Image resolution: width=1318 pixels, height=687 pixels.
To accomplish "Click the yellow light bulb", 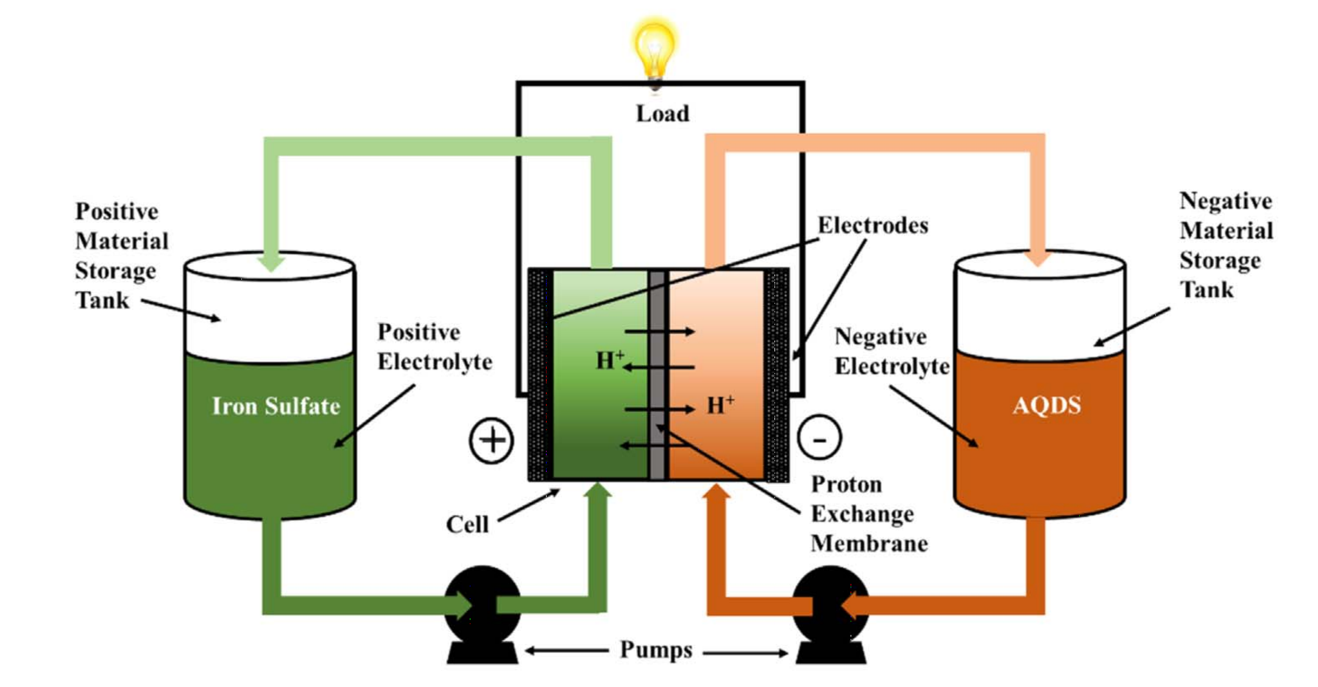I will coord(654,49).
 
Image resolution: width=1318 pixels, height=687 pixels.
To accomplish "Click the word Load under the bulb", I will coord(662,114).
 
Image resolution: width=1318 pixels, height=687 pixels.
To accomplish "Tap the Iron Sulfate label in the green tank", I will coord(275,406).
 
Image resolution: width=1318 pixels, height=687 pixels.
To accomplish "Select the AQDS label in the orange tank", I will coord(1046,406).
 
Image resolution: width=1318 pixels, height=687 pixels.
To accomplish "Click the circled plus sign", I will coord(491,440).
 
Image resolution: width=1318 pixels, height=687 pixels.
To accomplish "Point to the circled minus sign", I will coord(819,438).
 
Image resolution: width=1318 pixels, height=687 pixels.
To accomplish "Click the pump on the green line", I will coord(482,603).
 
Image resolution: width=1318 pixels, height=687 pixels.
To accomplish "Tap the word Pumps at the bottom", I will coord(656,650).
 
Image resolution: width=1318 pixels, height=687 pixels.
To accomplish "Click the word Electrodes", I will coord(873,226).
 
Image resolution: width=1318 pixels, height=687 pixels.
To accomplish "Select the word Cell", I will coord(467,524).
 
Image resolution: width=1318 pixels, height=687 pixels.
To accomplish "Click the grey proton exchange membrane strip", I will coord(657,375).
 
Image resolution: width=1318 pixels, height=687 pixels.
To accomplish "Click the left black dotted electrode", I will coord(540,375).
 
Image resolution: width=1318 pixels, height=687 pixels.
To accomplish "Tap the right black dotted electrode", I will coord(776,375).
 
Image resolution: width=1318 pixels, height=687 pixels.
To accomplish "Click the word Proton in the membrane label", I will coord(846,485).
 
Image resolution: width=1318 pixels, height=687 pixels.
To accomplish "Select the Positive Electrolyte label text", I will coord(434,347).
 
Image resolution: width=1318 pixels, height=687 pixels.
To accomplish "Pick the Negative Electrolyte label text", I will coord(891,351).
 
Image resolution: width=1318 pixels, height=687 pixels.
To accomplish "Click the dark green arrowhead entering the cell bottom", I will coord(597,491).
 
